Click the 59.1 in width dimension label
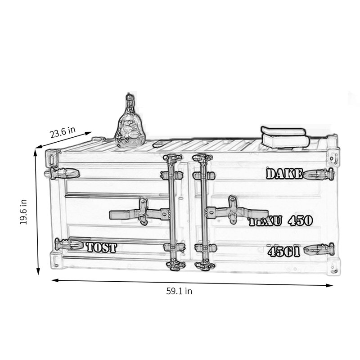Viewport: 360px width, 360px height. click(x=179, y=291)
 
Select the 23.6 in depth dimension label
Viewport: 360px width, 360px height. click(x=63, y=132)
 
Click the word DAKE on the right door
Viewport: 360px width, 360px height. click(x=284, y=174)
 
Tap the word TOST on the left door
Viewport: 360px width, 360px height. click(x=101, y=247)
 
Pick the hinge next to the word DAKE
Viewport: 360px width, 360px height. click(x=319, y=174)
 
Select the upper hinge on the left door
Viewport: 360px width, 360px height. click(x=63, y=173)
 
